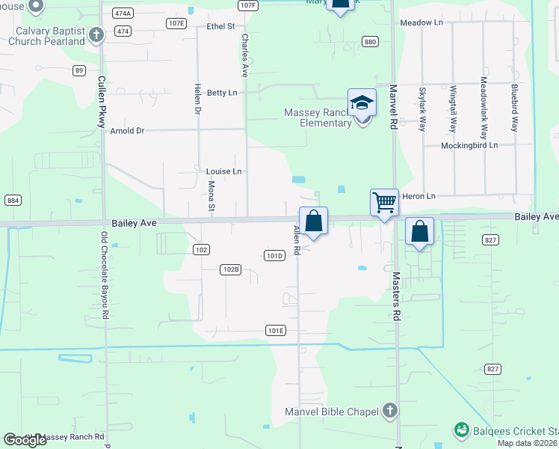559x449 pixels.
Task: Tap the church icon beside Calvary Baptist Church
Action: [96, 34]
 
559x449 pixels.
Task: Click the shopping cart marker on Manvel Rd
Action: [384, 202]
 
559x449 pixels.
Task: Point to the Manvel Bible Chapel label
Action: [332, 411]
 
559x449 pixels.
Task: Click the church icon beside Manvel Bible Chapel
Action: [389, 410]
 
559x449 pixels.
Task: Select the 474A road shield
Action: [123, 13]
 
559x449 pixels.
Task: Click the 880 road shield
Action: [370, 42]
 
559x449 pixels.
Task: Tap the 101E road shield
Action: [276, 330]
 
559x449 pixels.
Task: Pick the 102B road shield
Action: [231, 269]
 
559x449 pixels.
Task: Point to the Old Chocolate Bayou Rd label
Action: [105, 275]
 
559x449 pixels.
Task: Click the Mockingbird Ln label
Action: [469, 145]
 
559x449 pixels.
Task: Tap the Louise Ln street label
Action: [223, 171]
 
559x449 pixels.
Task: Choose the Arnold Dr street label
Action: [127, 131]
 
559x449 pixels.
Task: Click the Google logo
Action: [25, 440]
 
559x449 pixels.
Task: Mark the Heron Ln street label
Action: [419, 196]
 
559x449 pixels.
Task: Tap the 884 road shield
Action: [13, 201]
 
